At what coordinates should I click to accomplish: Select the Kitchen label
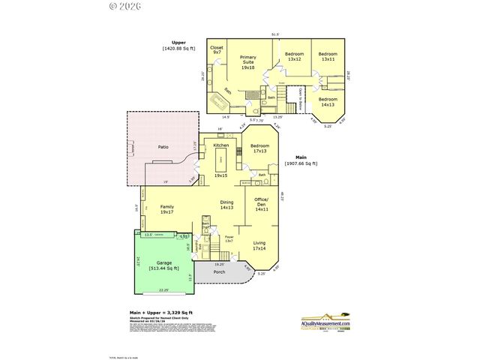click(220, 145)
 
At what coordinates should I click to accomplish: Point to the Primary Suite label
click(247, 62)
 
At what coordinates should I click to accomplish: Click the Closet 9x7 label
click(217, 49)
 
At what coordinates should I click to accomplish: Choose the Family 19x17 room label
click(167, 208)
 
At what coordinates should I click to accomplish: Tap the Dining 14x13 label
click(226, 205)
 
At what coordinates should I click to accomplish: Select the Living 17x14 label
click(259, 245)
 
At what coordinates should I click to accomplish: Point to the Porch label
click(219, 271)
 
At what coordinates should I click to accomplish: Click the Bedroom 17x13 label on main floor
click(259, 148)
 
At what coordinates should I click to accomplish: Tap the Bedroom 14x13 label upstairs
click(327, 102)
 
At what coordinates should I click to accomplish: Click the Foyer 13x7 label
click(229, 239)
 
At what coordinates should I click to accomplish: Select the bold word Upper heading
click(178, 43)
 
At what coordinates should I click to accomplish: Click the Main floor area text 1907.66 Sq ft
click(301, 163)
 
